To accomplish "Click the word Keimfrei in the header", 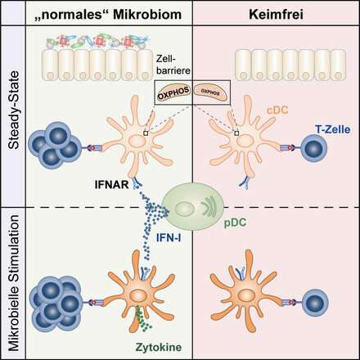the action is pos(276,15).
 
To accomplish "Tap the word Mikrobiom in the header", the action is pos(147,15).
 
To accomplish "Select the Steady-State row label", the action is pos(14,110).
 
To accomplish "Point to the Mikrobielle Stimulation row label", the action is pos(14,283).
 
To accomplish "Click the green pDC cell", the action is pos(193,207).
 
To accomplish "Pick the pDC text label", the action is pos(235,223).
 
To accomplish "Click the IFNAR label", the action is pos(111,185).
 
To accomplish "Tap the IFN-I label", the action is pos(169,238).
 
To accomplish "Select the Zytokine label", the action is pos(159,348).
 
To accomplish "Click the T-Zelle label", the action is pos(332,129).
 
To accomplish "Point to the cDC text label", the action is pos(277,110).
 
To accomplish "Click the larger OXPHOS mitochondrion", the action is pos(173,93).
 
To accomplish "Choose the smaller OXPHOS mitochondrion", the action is pos(210,92).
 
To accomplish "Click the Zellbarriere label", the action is pos(173,65).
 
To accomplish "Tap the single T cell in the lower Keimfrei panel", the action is pos(315,302).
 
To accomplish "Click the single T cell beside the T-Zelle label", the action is pos(314,148).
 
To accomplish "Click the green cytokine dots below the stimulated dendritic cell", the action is pos(142,317).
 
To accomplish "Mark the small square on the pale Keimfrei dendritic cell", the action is pos(236,133).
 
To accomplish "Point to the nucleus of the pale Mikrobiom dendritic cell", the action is pos(137,142).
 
